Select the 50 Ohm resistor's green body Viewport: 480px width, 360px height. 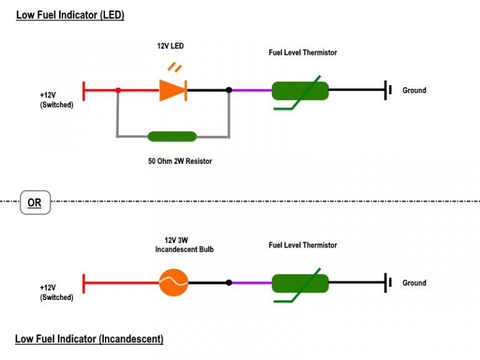(172, 136)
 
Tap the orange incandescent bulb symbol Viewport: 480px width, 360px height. (174, 282)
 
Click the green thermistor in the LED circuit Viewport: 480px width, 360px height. (300, 91)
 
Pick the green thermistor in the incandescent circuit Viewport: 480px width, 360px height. (300, 284)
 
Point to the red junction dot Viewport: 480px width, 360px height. (118, 90)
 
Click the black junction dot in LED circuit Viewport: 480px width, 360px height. (229, 90)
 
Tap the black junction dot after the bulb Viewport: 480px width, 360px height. (229, 282)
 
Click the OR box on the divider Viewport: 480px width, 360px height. (35, 202)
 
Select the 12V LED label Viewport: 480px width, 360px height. (170, 46)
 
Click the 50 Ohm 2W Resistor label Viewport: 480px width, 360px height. (180, 161)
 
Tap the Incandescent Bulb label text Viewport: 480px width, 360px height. (184, 249)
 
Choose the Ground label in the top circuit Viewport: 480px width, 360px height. (414, 90)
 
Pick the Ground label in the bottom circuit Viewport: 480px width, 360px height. (414, 283)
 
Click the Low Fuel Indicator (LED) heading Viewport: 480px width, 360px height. (70, 15)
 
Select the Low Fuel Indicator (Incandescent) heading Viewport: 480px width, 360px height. (89, 339)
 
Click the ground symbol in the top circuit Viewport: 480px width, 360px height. (388, 90)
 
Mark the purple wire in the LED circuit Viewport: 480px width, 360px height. (252, 90)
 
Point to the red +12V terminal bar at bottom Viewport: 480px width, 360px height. (84, 284)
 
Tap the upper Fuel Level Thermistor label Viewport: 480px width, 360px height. (302, 52)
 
